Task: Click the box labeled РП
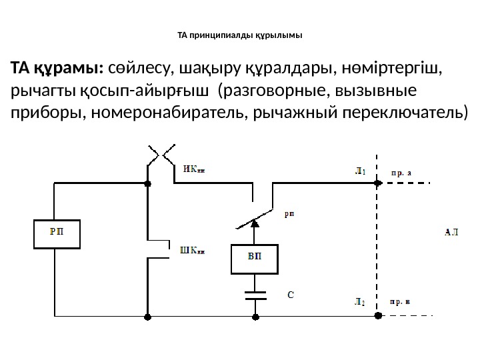coord(57,233)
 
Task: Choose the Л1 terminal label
coord(359,171)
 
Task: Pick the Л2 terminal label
coord(359,301)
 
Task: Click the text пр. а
coord(401,171)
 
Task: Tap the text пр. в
coord(401,301)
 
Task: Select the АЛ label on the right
coord(451,233)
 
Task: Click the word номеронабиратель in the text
coord(156,113)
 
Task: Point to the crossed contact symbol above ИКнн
coord(160,155)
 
